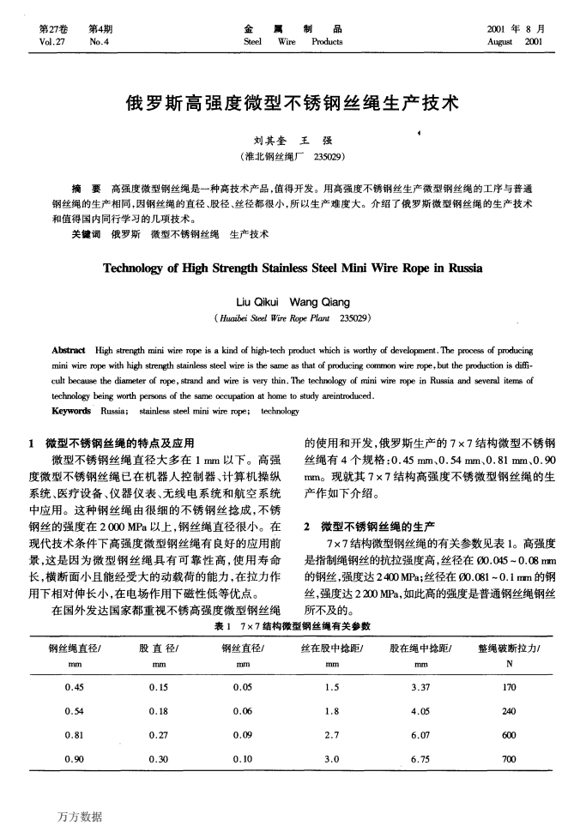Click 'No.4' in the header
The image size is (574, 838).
[100, 41]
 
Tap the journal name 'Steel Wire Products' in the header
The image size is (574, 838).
[293, 41]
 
